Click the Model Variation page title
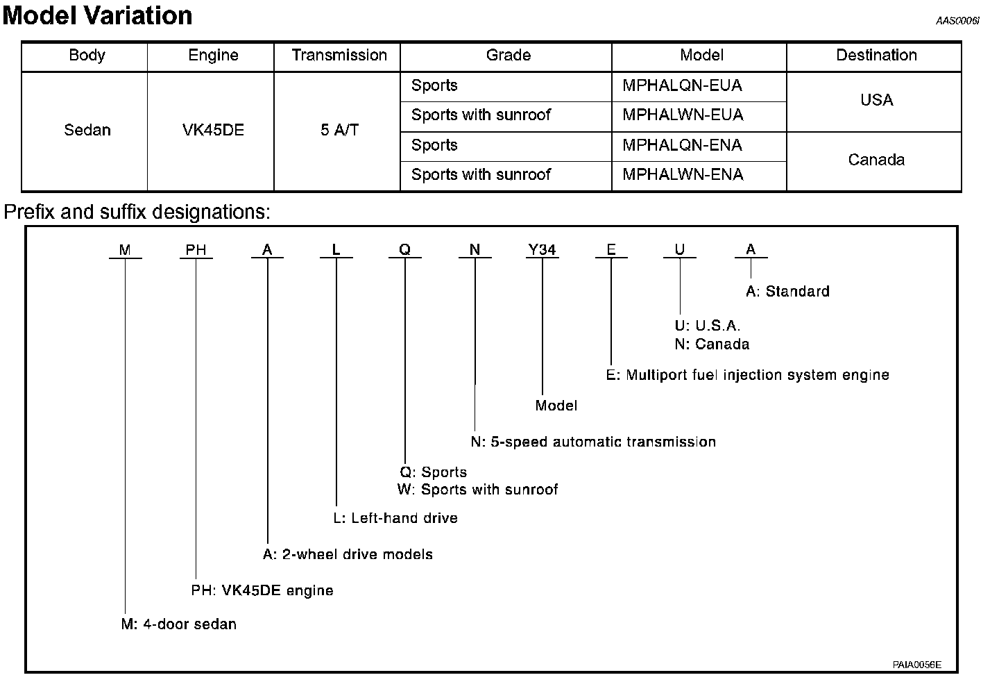[97, 15]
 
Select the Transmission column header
[339, 56]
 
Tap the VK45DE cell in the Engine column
[213, 131]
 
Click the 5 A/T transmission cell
[339, 131]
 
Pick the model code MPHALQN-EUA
[682, 86]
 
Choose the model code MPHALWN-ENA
[683, 175]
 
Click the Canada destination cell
[876, 160]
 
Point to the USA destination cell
[876, 101]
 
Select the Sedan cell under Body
[87, 131]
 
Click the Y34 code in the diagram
[542, 250]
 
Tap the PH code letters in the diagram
[196, 250]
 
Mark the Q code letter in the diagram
[405, 250]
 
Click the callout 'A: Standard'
[787, 292]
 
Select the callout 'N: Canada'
[712, 344]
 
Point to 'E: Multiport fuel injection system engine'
[747, 376]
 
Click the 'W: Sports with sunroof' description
[477, 490]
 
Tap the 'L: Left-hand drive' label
[395, 518]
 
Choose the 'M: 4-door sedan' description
[179, 624]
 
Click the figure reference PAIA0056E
[916, 665]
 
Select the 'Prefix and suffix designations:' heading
[137, 212]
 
